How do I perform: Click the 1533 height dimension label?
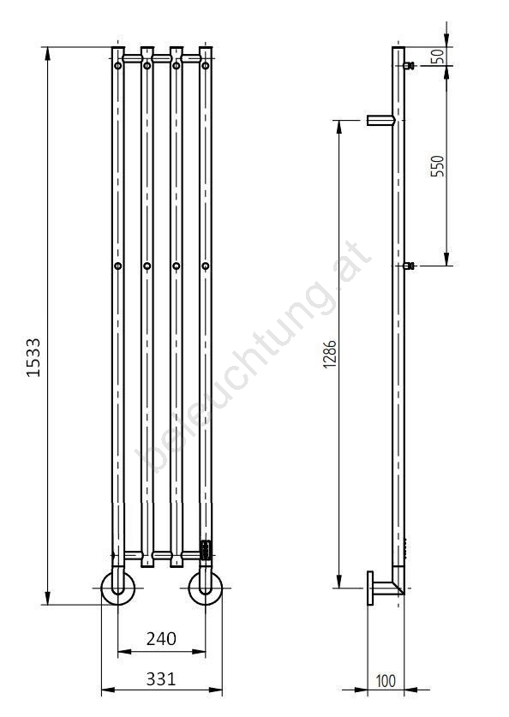click(33, 357)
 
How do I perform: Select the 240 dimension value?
click(161, 639)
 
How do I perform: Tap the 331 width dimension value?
click(161, 679)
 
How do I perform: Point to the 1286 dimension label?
click(330, 355)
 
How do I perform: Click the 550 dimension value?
click(438, 166)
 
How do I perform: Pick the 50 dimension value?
click(438, 57)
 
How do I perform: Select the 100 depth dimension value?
click(386, 681)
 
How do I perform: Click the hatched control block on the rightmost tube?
click(206, 550)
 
